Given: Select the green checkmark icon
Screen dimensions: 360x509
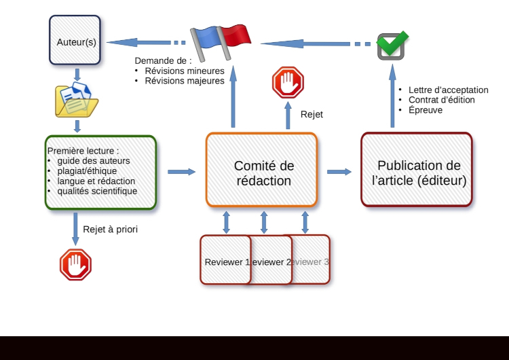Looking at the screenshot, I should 392,44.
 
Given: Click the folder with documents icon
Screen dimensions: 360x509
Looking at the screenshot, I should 76,99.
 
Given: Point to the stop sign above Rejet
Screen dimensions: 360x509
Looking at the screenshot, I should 288,83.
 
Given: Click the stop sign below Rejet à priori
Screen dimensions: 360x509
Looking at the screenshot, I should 75,264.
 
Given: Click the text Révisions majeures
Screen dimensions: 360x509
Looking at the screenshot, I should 185,81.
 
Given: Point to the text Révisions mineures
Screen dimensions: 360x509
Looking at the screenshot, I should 185,71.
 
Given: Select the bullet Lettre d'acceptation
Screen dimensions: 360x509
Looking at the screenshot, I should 448,90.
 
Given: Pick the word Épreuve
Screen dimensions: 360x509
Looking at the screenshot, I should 426,109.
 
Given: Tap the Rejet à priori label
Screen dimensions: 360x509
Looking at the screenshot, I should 110,229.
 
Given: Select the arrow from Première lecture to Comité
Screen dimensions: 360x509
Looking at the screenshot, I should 181,172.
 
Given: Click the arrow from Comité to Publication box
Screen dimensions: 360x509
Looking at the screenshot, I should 339,172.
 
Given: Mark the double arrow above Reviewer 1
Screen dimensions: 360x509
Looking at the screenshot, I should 227,222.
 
